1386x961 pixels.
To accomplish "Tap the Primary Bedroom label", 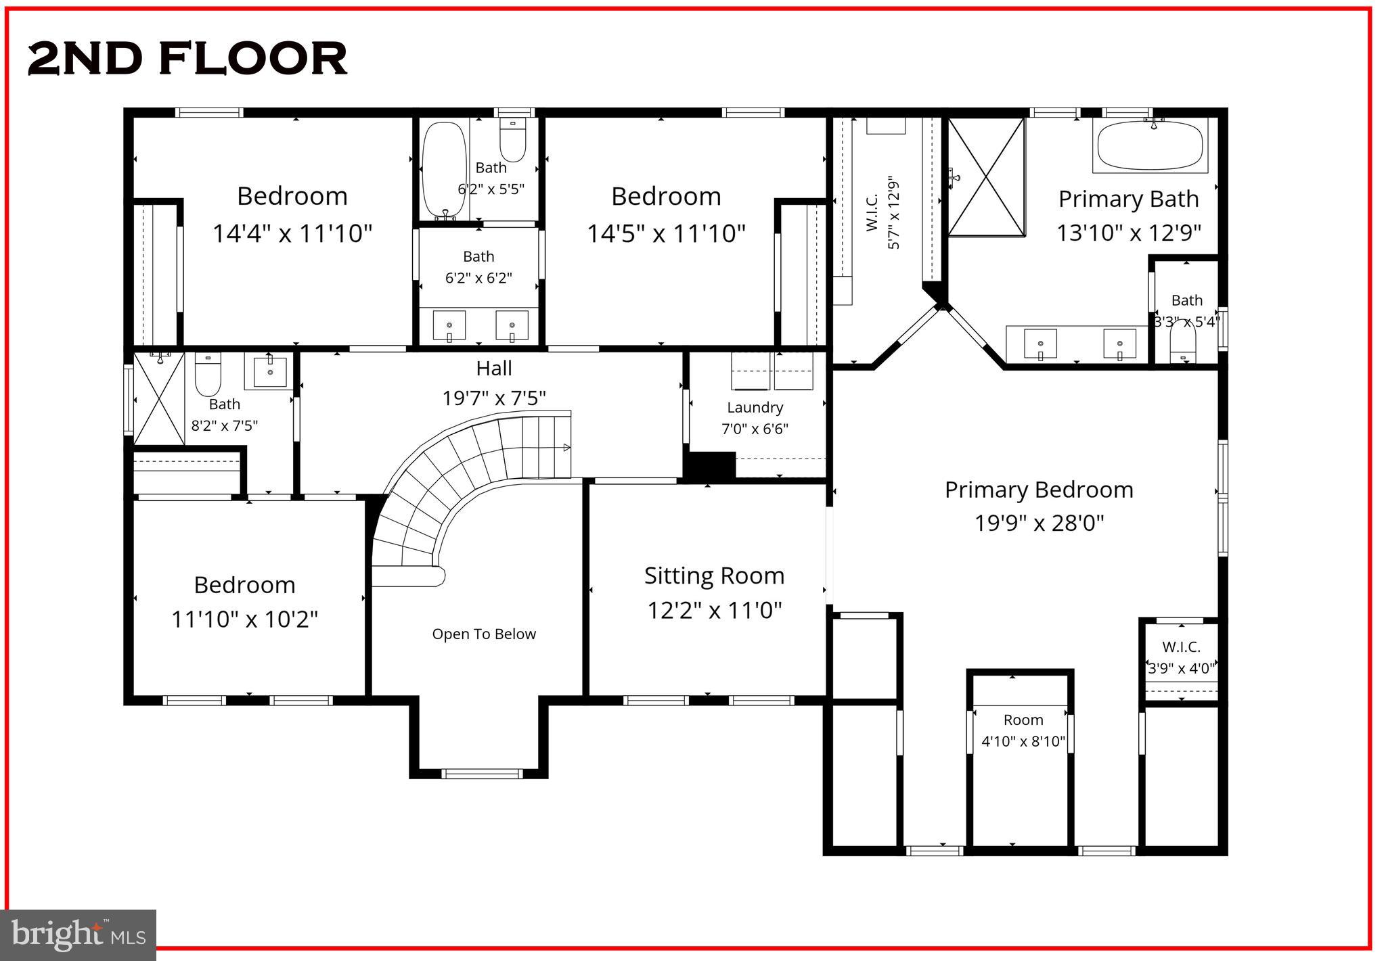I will pyautogui.click(x=1038, y=490).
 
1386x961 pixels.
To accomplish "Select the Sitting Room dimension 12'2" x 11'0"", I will pyautogui.click(x=714, y=611).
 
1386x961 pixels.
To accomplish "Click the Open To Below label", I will pyautogui.click(x=484, y=634).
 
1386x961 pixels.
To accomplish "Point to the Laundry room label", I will pyautogui.click(x=755, y=408).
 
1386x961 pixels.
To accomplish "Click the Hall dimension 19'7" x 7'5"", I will pyautogui.click(x=493, y=398).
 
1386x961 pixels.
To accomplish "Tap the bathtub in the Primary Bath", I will pyautogui.click(x=1150, y=145).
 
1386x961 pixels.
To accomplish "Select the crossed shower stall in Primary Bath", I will pyautogui.click(x=986, y=177).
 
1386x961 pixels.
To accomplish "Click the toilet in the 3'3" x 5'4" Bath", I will pyautogui.click(x=1183, y=342).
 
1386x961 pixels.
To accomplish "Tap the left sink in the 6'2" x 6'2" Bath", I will pyautogui.click(x=449, y=325).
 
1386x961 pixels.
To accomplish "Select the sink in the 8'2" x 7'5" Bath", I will pyautogui.click(x=270, y=371).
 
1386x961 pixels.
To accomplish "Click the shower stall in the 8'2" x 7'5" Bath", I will pyautogui.click(x=159, y=398).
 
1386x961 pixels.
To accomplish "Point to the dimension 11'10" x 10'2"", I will pyautogui.click(x=244, y=619).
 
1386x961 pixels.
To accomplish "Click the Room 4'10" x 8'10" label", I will pyautogui.click(x=1023, y=731).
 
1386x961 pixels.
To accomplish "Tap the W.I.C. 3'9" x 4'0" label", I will pyautogui.click(x=1181, y=657).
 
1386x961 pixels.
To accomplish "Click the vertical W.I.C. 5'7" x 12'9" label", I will pyautogui.click(x=882, y=212).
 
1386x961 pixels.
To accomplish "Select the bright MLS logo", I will pyautogui.click(x=79, y=935).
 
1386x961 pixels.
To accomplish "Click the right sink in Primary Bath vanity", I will pyautogui.click(x=1119, y=344).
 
